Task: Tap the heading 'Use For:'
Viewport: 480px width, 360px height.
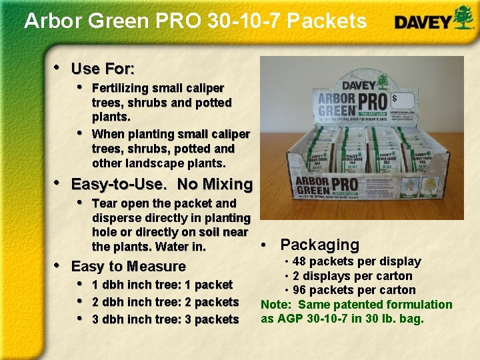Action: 103,69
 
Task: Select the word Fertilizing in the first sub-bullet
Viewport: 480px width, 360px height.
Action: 121,88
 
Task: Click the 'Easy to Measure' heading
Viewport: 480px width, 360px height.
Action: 128,267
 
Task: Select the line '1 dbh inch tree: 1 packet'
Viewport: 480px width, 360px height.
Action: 162,285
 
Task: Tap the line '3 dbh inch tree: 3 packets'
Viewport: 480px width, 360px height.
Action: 165,319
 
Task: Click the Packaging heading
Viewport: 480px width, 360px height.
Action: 319,245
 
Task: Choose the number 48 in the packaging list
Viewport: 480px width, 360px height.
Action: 299,261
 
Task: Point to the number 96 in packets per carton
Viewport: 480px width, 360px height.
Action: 299,290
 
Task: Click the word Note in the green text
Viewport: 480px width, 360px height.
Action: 275,305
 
